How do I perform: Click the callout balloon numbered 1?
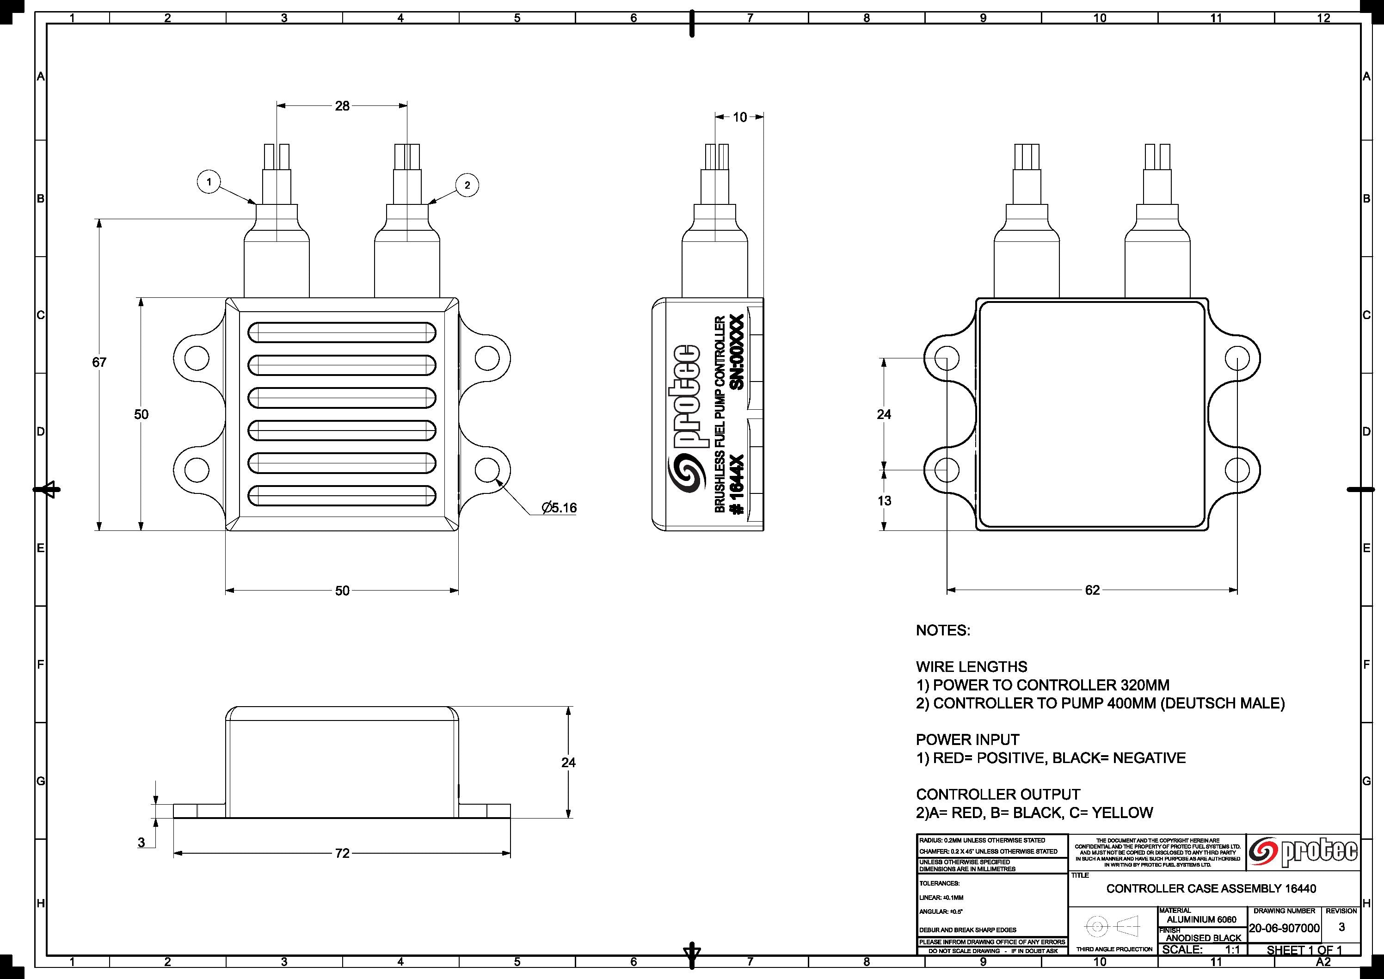coord(209,181)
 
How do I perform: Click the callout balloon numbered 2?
coord(467,185)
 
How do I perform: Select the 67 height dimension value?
coord(99,362)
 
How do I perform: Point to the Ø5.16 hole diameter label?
coord(559,508)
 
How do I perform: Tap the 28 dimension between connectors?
coord(342,106)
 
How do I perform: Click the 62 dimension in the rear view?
coord(1092,590)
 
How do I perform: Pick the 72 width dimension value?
coord(342,854)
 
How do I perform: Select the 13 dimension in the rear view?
coord(884,500)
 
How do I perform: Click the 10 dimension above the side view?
coord(739,117)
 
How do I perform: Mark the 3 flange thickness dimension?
coord(141,842)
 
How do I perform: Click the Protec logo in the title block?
coord(1303,851)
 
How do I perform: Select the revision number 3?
coord(1341,927)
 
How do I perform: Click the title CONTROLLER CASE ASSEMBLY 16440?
coord(1211,888)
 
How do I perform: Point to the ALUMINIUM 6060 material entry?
coord(1201,919)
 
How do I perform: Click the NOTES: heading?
coord(943,631)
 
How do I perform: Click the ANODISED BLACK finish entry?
coord(1203,938)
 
